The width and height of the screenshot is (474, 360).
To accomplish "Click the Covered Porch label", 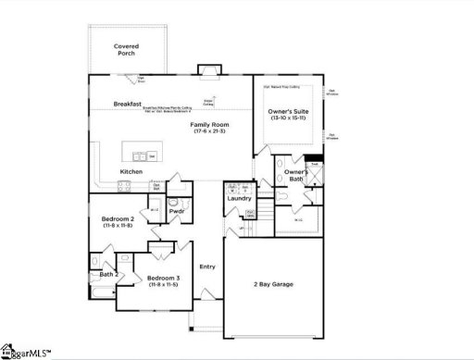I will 125,49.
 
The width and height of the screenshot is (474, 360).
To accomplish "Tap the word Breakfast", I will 127,105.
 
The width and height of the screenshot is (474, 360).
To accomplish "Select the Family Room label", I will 211,124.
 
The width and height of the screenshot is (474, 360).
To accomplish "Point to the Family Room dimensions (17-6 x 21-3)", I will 211,131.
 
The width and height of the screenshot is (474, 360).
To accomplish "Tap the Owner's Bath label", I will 295,176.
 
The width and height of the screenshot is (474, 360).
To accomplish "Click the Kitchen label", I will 131,172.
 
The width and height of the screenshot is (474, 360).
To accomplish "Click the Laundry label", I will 240,198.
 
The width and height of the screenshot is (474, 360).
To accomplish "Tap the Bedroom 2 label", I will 118,218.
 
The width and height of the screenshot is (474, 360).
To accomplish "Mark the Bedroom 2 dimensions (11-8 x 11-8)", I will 118,226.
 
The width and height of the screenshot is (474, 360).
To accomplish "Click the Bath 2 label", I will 109,275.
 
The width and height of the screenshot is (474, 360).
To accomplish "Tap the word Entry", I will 207,267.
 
